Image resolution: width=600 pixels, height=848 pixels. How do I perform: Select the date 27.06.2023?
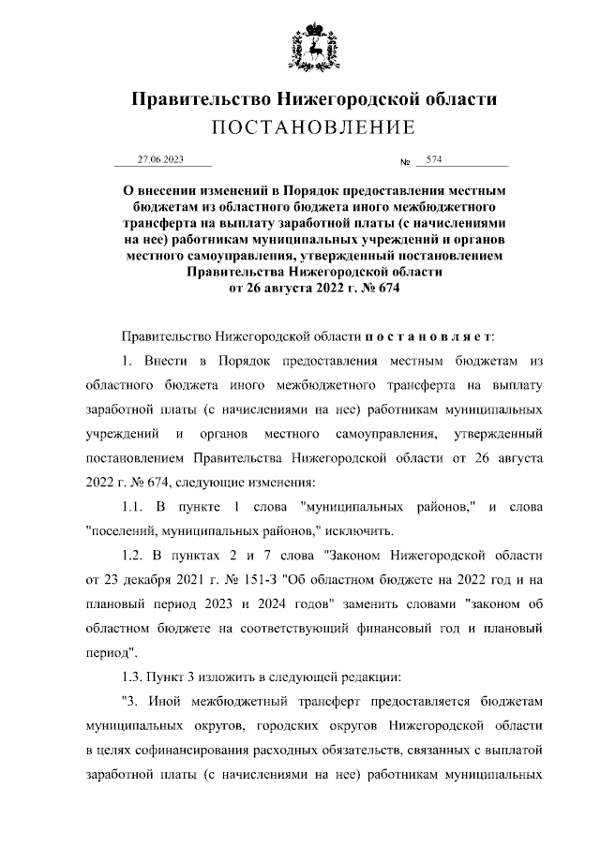(x=160, y=160)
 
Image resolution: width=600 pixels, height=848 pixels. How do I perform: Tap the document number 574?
(x=433, y=160)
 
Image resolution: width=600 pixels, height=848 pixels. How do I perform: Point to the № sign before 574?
(x=406, y=162)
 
